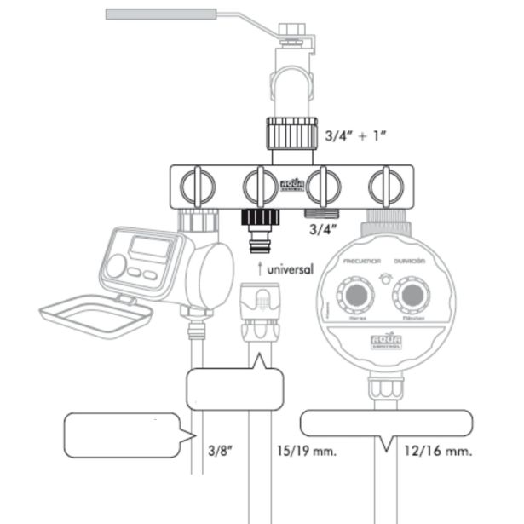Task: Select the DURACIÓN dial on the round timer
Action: tap(413, 297)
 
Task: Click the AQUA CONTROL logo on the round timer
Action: tap(383, 343)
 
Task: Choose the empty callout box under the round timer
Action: tap(385, 423)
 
